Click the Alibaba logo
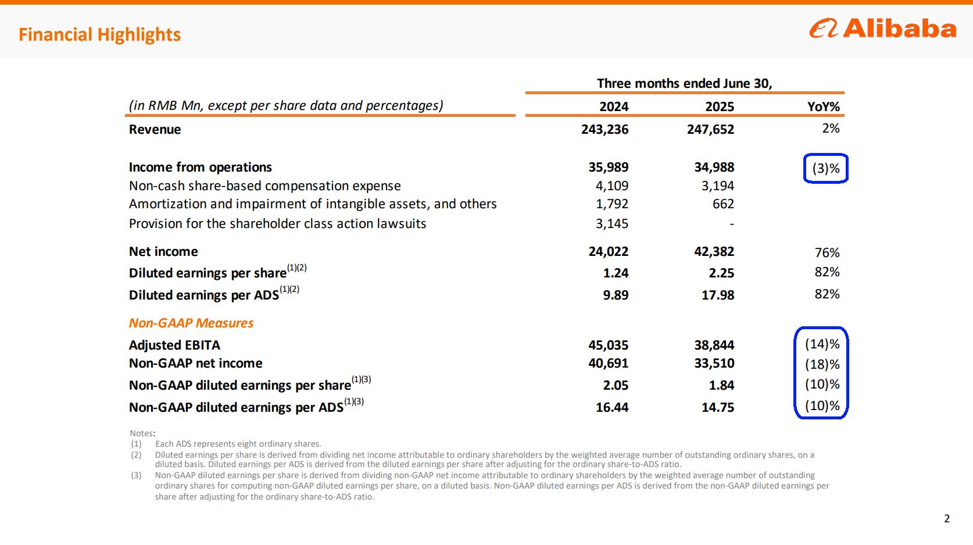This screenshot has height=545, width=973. coord(882,29)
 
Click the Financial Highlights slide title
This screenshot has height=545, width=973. coord(99,35)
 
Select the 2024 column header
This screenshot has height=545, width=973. coord(614,106)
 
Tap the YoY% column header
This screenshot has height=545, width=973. coord(823,106)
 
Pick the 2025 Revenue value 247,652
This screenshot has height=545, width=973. coord(710,129)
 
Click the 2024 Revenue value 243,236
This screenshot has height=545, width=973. coord(604,129)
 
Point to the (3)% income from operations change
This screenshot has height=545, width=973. coord(825,169)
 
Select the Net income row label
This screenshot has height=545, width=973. coord(163,251)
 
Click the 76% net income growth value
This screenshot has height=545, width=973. coord(827,252)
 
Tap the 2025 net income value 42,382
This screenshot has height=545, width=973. coord(714,251)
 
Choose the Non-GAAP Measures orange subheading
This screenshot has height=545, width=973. coord(191,323)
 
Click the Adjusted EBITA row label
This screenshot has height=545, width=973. coord(174,345)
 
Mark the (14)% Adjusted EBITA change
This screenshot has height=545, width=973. coord(822,344)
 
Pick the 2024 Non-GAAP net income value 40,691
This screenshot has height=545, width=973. coord(608,364)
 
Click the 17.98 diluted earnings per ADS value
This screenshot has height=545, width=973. coord(718,295)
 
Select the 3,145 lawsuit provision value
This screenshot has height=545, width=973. coord(611,223)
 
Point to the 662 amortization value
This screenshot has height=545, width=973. coord(723,204)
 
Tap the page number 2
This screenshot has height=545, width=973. coord(947,518)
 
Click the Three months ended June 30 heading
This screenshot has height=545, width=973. coord(684,83)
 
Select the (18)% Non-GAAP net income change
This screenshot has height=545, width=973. coord(822,365)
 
